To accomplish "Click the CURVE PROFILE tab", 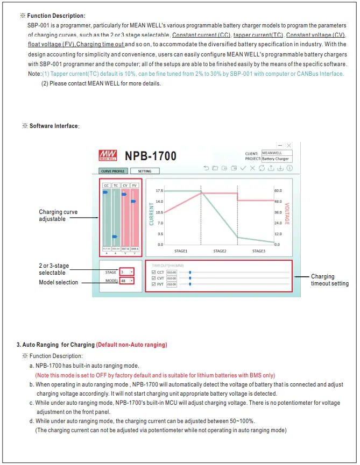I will pyautogui.click(x=112, y=171).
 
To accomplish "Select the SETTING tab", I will pyautogui.click(x=145, y=171).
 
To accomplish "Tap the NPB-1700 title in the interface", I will pyautogui.click(x=151, y=156).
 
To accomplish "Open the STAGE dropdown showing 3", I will pyautogui.click(x=126, y=272).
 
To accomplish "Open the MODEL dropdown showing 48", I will pyautogui.click(x=126, y=281).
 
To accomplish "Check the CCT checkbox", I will pyautogui.click(x=154, y=273).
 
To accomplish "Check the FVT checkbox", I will pyautogui.click(x=154, y=284).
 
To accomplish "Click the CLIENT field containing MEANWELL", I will pyautogui.click(x=276, y=153).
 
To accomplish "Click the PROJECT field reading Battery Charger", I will pyautogui.click(x=276, y=159).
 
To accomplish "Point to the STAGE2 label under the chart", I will pyautogui.click(x=220, y=251).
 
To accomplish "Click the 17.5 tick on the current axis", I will pyautogui.click(x=159, y=191).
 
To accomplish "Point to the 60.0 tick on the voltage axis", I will pyautogui.click(x=278, y=191).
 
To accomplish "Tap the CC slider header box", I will pyautogui.click(x=106, y=185).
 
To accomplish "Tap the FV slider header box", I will pyautogui.click(x=135, y=185).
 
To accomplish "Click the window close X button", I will pyautogui.click(x=289, y=146).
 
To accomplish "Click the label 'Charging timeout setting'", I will pyautogui.click(x=329, y=280).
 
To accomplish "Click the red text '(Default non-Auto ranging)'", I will pyautogui.click(x=131, y=345).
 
